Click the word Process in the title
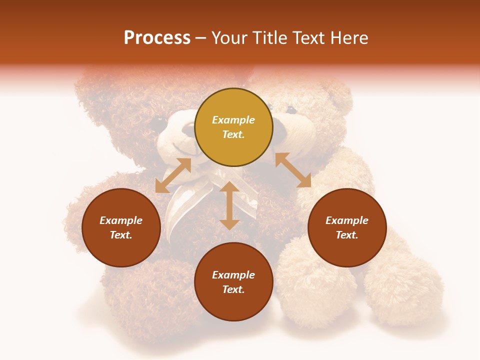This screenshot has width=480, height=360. [x=157, y=38]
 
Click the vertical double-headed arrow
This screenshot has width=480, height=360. [x=229, y=205]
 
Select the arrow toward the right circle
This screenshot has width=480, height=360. [x=293, y=170]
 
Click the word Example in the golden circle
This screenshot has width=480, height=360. [x=233, y=120]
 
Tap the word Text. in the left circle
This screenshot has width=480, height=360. [x=121, y=235]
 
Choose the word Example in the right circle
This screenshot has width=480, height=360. [x=347, y=220]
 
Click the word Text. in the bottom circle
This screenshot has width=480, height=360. [x=233, y=289]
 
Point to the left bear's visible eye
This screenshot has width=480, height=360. [x=159, y=121]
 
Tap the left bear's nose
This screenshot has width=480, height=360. [x=188, y=128]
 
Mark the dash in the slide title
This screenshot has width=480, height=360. [x=201, y=38]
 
